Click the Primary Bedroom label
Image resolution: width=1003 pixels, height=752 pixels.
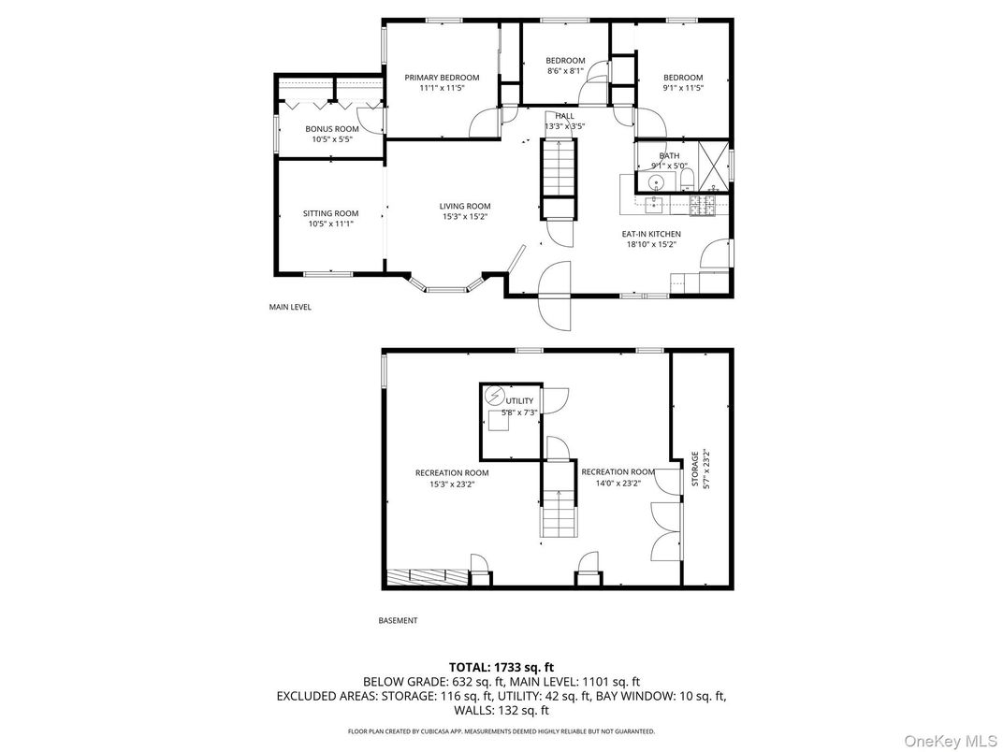pos(442,78)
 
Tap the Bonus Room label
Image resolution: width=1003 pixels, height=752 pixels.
pos(332,129)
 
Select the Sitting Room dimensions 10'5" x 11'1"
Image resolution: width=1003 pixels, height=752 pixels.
pos(330,224)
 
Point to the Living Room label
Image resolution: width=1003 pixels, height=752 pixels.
pos(465,206)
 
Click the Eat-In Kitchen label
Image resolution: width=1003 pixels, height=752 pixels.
pos(651,234)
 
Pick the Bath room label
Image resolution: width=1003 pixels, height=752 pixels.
pos(669,155)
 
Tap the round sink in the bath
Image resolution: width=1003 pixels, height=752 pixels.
pos(656,183)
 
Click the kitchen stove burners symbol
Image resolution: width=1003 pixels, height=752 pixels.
pos(701,205)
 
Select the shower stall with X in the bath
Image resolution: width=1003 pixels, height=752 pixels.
pos(712,166)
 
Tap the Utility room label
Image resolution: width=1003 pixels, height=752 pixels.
pos(519,401)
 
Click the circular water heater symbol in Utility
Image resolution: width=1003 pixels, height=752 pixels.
pos(494,397)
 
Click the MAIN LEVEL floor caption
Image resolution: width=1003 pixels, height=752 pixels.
pos(290,307)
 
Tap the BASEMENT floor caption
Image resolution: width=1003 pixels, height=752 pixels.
pos(398,620)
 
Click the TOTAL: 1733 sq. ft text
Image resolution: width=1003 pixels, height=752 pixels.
pos(501,668)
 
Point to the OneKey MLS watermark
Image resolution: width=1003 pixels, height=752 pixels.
pos(950,741)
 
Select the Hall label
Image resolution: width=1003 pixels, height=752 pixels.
pos(565,116)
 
